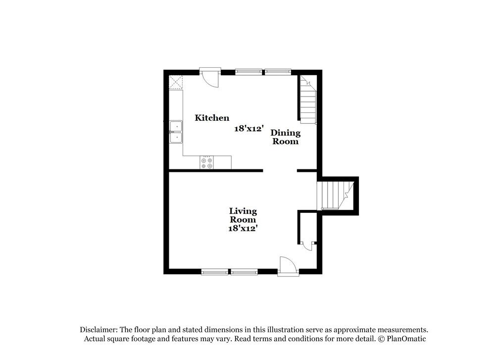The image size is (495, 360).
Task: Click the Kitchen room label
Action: coord(212,118)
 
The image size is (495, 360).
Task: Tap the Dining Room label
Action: coord(285,137)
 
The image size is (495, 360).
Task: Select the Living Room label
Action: coord(243,215)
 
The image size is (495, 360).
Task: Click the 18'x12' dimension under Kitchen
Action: coord(248,129)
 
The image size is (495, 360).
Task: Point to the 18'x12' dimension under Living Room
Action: coord(243,228)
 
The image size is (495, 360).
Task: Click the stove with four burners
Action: coord(207,163)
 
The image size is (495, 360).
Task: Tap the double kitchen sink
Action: coord(176,132)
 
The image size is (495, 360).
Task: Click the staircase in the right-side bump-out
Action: coord(336,195)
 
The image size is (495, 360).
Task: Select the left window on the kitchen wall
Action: coord(248,72)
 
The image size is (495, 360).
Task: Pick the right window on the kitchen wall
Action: coord(278,72)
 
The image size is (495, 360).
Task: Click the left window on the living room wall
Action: coord(215,271)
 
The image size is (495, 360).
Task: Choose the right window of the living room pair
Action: coord(244,271)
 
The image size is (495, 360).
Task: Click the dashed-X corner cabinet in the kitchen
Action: coord(176,82)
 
